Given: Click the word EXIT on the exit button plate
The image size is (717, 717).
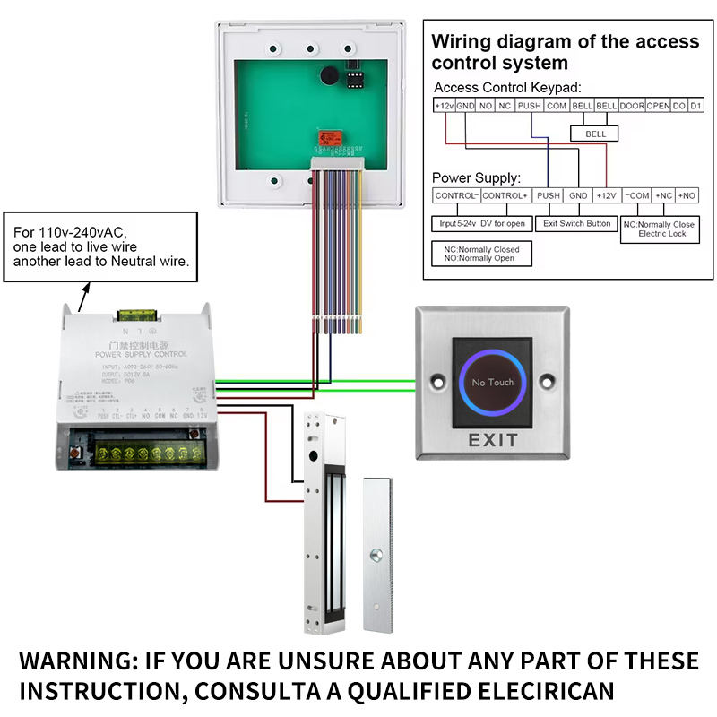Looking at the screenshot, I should pos(493,440).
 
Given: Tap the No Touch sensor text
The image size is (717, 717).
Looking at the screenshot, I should pos(493,383).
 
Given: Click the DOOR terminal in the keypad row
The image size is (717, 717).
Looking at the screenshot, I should pos(632,106).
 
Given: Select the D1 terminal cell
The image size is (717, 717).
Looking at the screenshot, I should pos(695,106).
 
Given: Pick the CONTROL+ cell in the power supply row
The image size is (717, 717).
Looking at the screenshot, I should pos(505,195).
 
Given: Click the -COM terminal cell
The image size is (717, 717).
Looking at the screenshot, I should pos(636,195).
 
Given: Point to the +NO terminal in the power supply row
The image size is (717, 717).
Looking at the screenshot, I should pos(687,195).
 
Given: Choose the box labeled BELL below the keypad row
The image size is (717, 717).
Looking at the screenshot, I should pos(596,134).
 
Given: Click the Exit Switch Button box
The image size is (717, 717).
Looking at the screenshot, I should pos(578,223).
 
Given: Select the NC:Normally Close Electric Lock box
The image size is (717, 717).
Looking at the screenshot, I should pos(659,229).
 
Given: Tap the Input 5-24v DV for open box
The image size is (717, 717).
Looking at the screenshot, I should pos(480,223).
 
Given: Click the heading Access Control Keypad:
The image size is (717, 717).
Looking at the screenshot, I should pos(507,88).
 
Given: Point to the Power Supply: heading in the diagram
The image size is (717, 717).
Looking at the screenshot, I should pos(476,177).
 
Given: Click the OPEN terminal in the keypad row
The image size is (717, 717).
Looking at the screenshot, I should pos(659,106).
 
